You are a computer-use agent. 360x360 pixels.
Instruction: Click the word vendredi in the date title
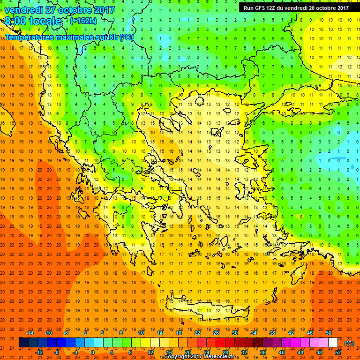pyautogui.click(x=23, y=9)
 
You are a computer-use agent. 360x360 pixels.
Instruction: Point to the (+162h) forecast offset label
pyautogui.click(x=83, y=21)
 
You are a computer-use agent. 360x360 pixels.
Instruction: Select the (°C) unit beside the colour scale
pyautogui.click(x=349, y=343)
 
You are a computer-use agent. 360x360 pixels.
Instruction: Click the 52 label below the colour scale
pyautogui.click(x=338, y=352)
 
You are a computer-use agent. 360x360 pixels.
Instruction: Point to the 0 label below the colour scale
pyautogui.click(x=93, y=352)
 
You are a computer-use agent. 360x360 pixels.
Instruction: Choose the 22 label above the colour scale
pyautogui.click(x=197, y=332)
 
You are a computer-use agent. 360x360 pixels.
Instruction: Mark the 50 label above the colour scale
pyautogui.click(x=329, y=332)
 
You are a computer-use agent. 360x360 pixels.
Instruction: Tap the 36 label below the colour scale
pyautogui.click(x=263, y=352)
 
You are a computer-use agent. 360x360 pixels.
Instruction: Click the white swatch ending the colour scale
pyautogui.click(x=333, y=343)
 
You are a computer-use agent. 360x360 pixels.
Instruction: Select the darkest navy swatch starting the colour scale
pyautogui.click(x=23, y=343)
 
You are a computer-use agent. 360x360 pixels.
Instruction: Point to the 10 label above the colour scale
pyautogui.click(x=141, y=332)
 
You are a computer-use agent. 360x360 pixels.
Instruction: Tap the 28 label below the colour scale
pyautogui.click(x=225, y=352)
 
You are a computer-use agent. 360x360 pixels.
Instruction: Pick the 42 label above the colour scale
pyautogui.click(x=291, y=332)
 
